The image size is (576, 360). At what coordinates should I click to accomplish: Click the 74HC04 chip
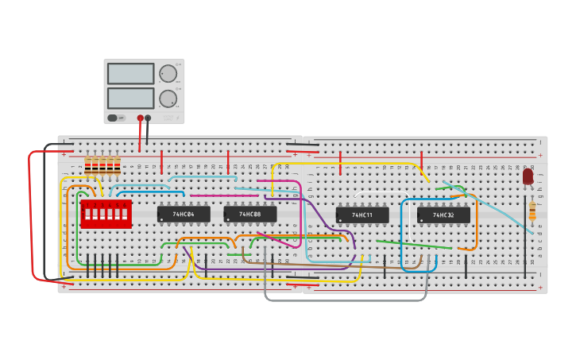click(x=184, y=215)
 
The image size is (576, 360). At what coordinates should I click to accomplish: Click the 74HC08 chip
click(x=250, y=215)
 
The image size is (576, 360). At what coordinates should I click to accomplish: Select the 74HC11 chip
click(x=362, y=215)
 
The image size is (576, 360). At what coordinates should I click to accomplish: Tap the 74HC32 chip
click(x=443, y=215)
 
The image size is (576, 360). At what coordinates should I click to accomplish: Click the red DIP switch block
click(x=105, y=214)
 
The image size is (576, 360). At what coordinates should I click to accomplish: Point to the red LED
click(x=528, y=176)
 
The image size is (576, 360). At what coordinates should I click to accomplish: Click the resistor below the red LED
click(x=532, y=211)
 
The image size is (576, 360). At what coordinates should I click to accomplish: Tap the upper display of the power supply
click(x=130, y=74)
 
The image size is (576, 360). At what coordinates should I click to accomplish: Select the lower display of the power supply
click(x=130, y=99)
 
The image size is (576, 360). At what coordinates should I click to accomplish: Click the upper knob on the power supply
click(x=168, y=74)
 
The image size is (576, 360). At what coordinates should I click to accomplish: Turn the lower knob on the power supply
click(x=168, y=99)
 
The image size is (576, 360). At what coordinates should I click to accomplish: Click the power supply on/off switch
click(x=116, y=118)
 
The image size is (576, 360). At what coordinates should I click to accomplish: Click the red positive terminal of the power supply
click(x=141, y=118)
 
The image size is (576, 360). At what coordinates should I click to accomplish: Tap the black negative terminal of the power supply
click(x=148, y=118)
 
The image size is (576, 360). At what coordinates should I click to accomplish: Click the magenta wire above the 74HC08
click(x=213, y=195)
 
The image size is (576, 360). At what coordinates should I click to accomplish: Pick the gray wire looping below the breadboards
click(x=346, y=300)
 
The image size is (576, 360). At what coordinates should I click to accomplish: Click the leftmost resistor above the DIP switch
click(x=87, y=165)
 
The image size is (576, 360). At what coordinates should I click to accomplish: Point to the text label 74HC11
click(x=362, y=215)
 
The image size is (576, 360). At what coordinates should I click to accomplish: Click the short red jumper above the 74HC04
click(x=162, y=161)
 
